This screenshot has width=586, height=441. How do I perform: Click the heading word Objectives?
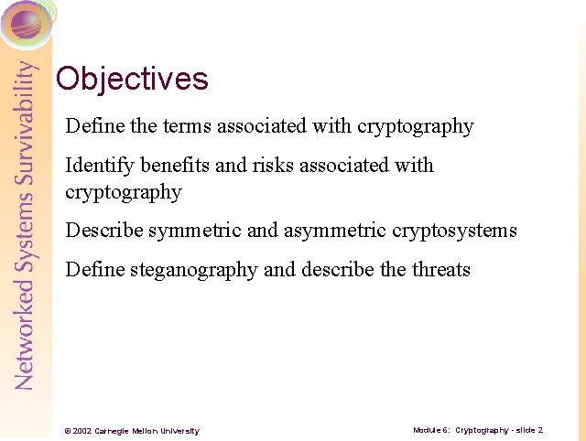click(132, 79)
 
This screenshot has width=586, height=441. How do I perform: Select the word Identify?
click(100, 166)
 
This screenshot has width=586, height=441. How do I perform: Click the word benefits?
click(171, 166)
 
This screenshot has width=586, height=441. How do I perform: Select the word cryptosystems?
click(455, 231)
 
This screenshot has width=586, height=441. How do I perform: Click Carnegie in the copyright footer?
click(114, 431)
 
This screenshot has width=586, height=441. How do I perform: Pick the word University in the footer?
click(180, 431)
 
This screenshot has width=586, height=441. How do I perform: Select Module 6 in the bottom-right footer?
click(430, 430)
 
